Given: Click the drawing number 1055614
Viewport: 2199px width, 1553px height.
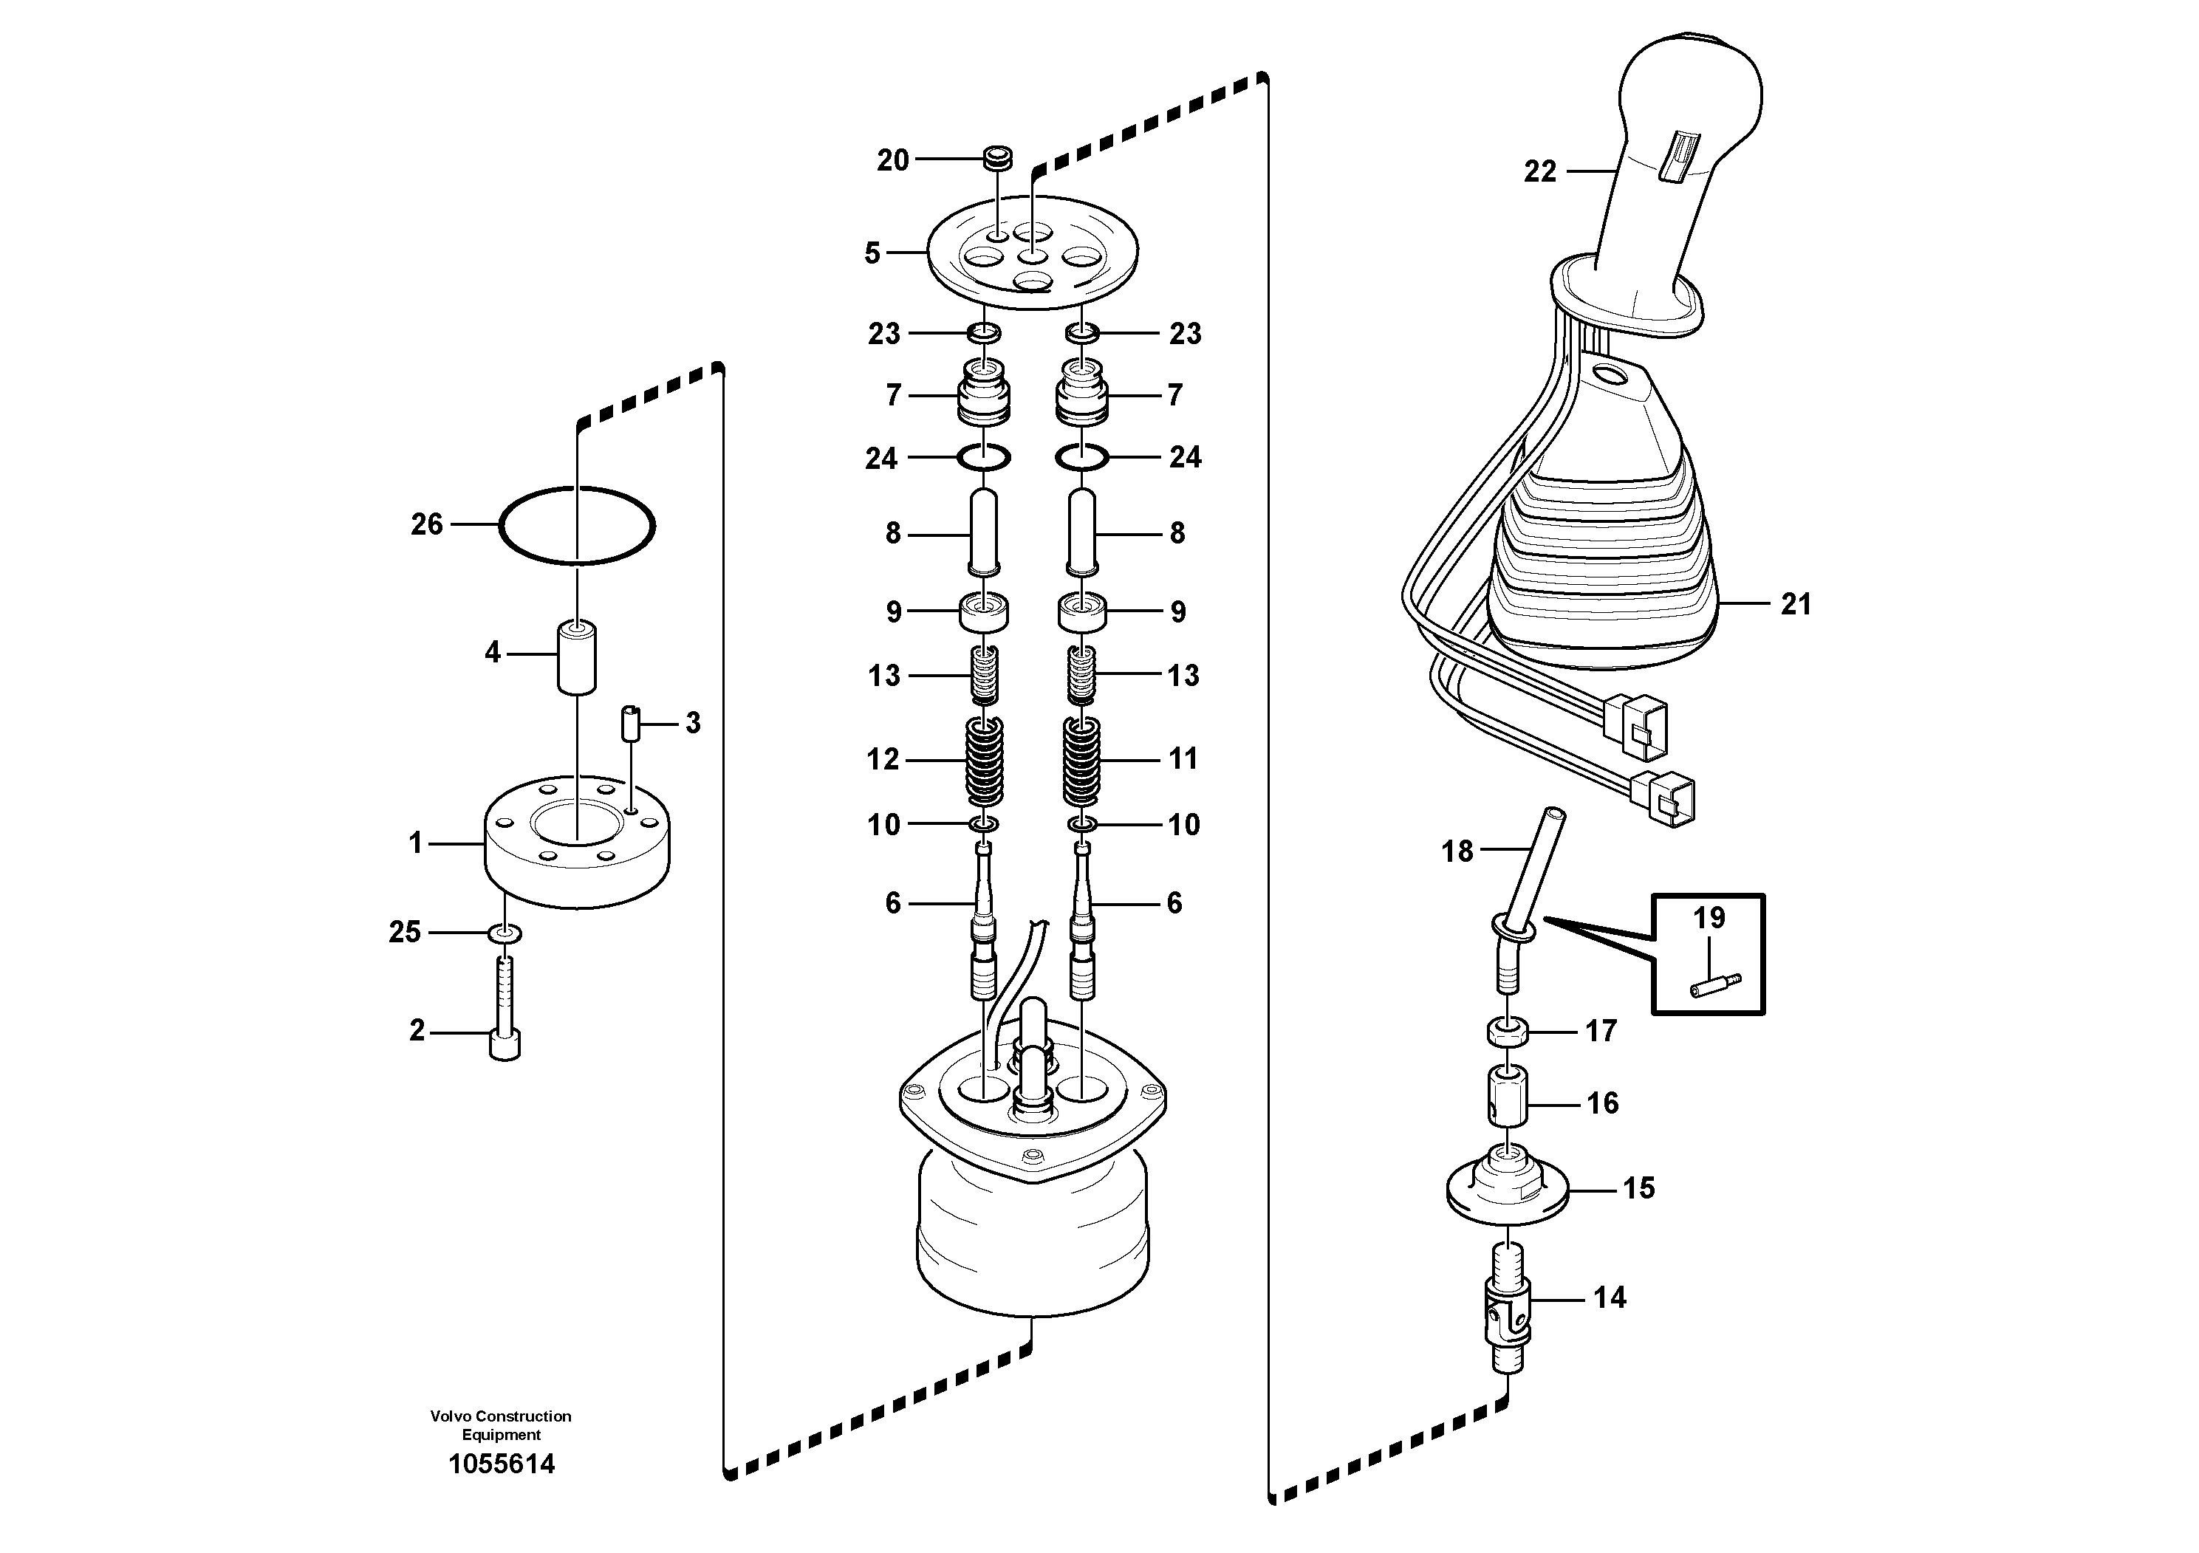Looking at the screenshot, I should coord(502,1464).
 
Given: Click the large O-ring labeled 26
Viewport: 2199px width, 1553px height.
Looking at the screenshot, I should coord(501,526).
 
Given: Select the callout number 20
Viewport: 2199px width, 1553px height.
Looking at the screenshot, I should coord(892,160).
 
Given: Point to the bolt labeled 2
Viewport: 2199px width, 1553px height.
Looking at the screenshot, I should coord(505,1015).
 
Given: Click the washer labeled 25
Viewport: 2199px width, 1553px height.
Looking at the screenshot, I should coord(505,932).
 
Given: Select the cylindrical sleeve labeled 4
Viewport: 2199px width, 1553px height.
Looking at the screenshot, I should coord(577,656).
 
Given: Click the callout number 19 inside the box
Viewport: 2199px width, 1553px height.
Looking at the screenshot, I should coord(1709,917).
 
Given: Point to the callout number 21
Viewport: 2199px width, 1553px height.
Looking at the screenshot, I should coord(1796,604).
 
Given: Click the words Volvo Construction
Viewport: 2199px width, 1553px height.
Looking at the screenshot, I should coord(501,1416).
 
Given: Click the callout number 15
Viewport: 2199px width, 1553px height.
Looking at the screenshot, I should coord(1638,1188).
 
